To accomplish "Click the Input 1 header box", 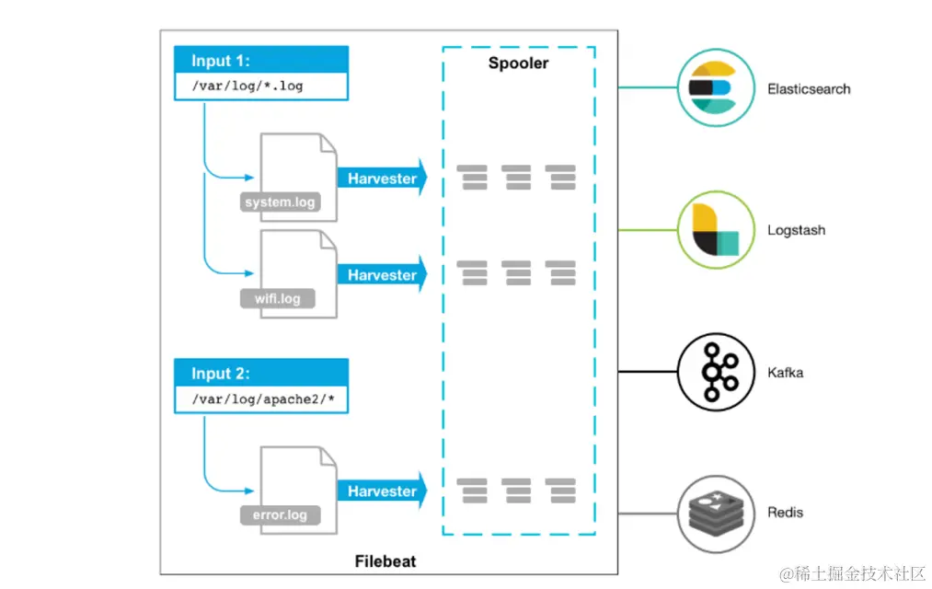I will (x=260, y=61).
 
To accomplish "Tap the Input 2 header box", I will (x=260, y=374).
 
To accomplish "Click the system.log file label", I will (x=280, y=202).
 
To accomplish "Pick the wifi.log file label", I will (x=277, y=299).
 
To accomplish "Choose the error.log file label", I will (x=280, y=515).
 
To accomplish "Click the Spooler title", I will (x=518, y=64).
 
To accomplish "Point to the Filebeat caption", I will (x=385, y=560).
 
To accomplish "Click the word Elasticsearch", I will (x=809, y=89).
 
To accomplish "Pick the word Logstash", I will (x=796, y=230).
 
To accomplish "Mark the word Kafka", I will (x=785, y=373).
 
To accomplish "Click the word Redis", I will (x=785, y=512).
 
